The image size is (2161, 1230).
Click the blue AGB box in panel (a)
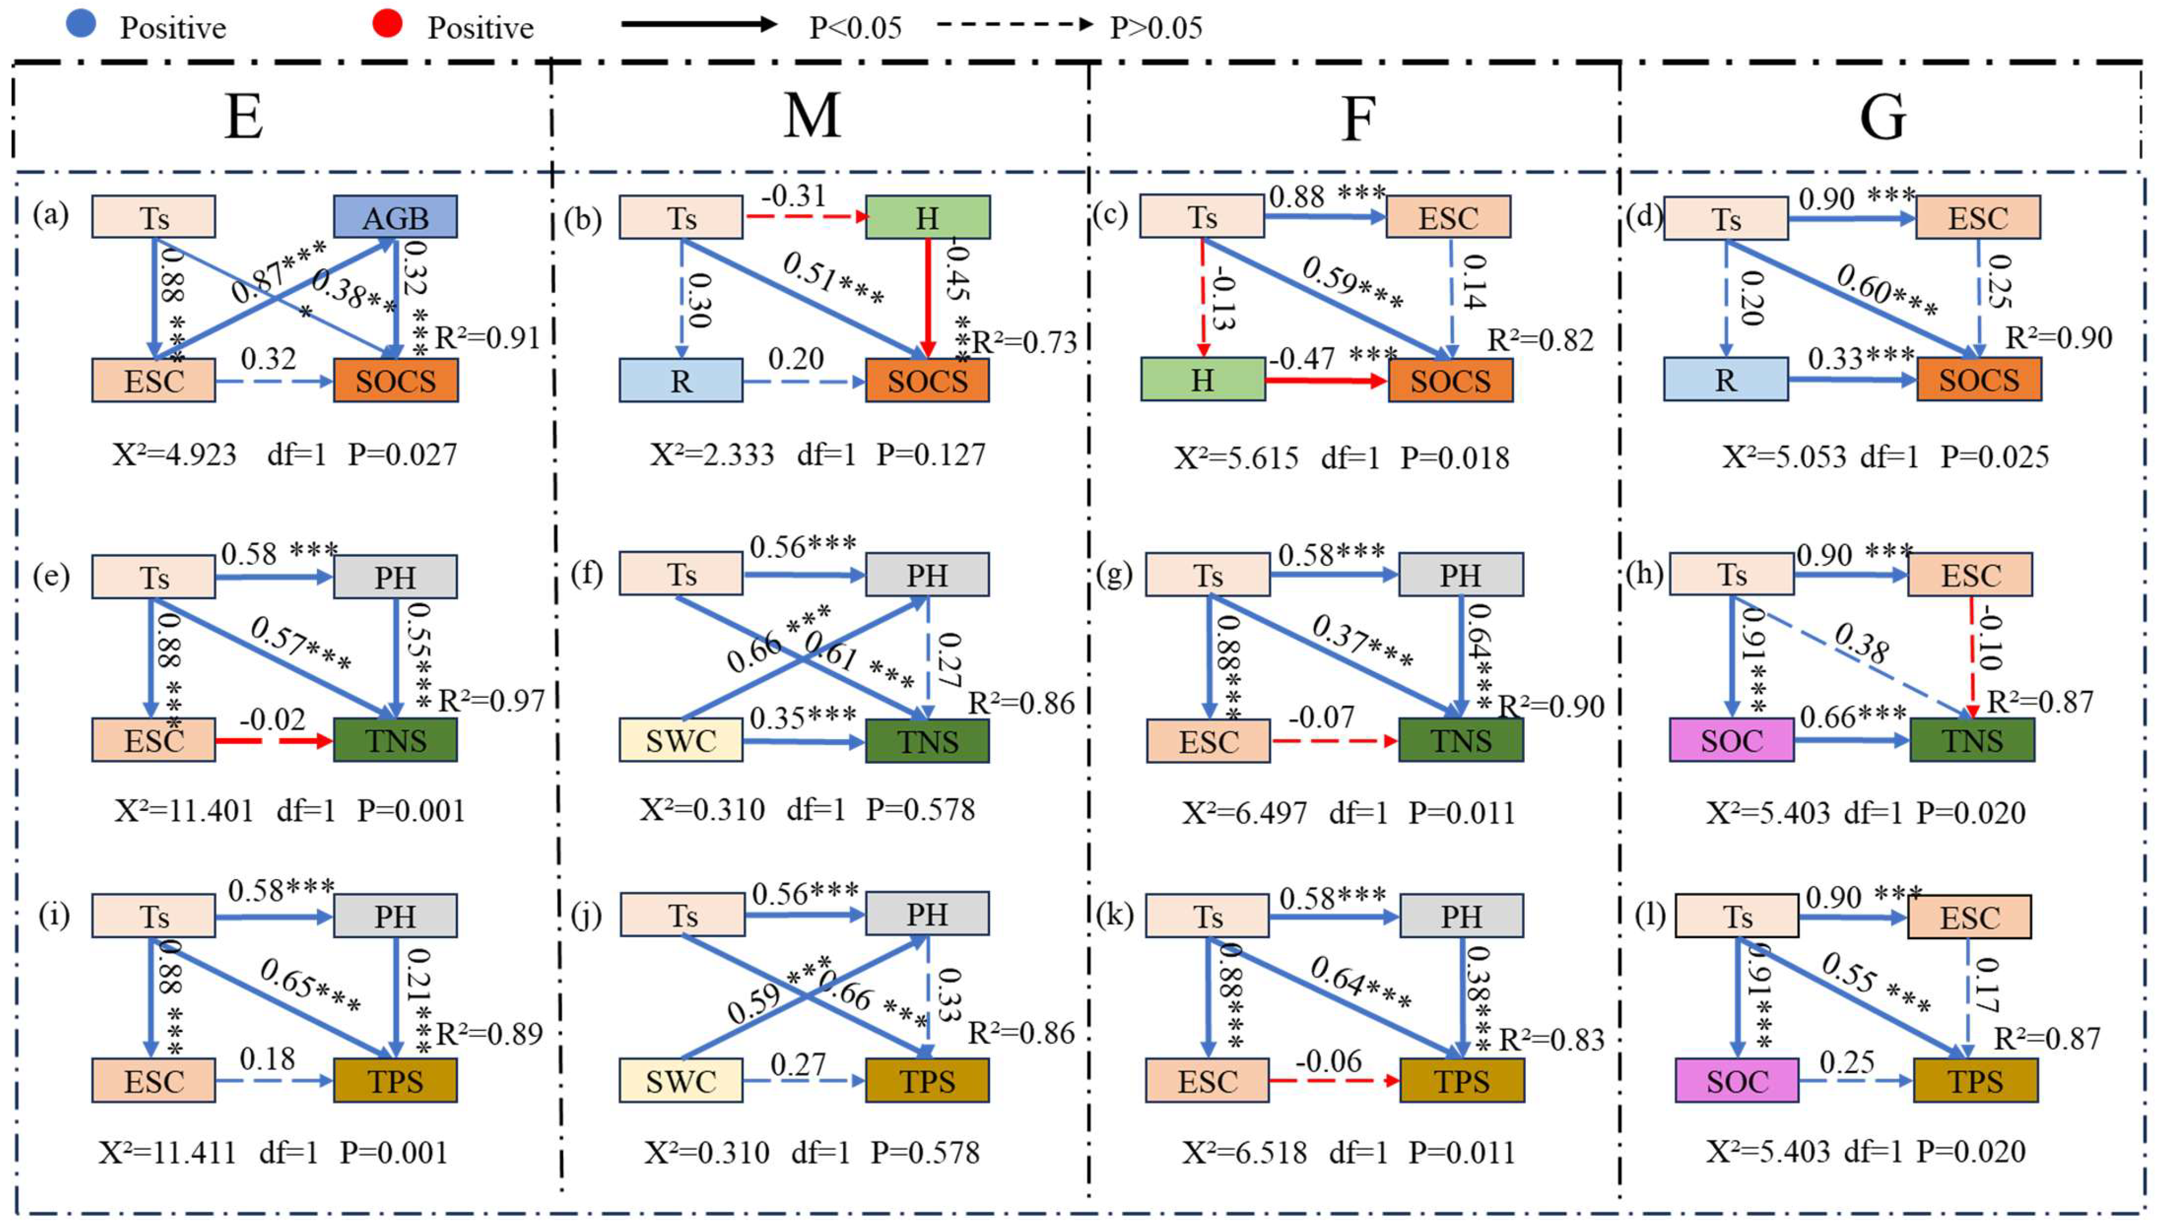(396, 217)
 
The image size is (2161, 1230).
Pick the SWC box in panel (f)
(681, 741)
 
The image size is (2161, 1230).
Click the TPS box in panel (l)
(1975, 1081)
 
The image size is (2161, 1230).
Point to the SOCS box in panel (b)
(927, 381)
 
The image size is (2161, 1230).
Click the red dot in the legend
(387, 25)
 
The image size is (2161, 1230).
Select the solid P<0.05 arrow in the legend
(698, 25)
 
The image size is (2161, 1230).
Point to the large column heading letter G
(1883, 117)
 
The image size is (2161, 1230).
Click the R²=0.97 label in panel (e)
(491, 700)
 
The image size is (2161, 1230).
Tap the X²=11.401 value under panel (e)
(183, 811)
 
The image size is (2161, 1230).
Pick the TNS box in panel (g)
(1460, 741)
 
